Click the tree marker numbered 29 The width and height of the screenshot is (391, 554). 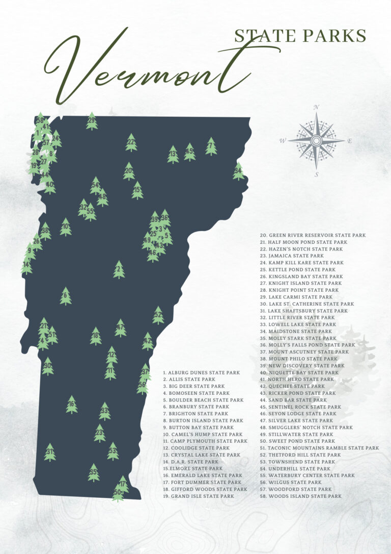92,121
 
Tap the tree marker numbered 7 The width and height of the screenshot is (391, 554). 211,147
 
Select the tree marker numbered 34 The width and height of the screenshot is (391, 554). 238,171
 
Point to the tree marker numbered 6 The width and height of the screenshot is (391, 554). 65,296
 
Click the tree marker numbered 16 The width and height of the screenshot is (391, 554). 72,405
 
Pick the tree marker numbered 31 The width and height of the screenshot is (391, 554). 49,452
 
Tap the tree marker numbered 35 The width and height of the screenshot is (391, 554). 93,473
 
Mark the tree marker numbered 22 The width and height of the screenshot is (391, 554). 131,143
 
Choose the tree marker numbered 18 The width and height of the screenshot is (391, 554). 95,336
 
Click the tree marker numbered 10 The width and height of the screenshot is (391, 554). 65,227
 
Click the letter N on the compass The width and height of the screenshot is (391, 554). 316,107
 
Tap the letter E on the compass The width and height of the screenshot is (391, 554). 349,141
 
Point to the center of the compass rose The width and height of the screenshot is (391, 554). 316,140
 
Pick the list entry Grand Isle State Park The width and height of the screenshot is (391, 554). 199,496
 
